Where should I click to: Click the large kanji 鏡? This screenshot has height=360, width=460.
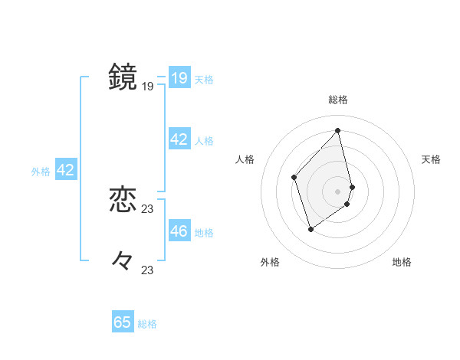click(123, 77)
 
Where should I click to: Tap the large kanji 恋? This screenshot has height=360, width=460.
click(123, 200)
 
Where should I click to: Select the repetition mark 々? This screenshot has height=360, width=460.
click(123, 261)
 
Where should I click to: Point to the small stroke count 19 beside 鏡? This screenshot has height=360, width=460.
click(148, 87)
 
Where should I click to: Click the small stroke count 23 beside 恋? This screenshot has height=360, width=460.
click(148, 209)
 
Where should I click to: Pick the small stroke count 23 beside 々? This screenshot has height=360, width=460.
click(148, 270)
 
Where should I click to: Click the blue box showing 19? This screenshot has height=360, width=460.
click(179, 78)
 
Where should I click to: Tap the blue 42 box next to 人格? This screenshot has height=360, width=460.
click(179, 139)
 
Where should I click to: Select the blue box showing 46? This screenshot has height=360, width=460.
click(179, 231)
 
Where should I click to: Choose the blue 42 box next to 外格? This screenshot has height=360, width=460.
click(65, 170)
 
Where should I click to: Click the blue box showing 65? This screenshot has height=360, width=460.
click(123, 322)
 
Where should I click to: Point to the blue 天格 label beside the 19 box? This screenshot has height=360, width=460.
click(204, 79)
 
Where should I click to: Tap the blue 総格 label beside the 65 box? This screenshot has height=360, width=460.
click(147, 324)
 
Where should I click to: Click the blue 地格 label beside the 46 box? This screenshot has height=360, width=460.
click(204, 232)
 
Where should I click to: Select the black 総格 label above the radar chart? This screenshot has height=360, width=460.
click(338, 100)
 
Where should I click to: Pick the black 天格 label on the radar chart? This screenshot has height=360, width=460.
click(432, 159)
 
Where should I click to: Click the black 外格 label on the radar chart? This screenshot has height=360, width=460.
click(269, 263)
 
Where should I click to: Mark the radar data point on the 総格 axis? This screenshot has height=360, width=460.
click(338, 130)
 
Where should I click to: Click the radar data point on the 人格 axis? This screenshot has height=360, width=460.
click(294, 177)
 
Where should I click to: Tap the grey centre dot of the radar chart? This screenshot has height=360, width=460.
click(338, 191)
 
